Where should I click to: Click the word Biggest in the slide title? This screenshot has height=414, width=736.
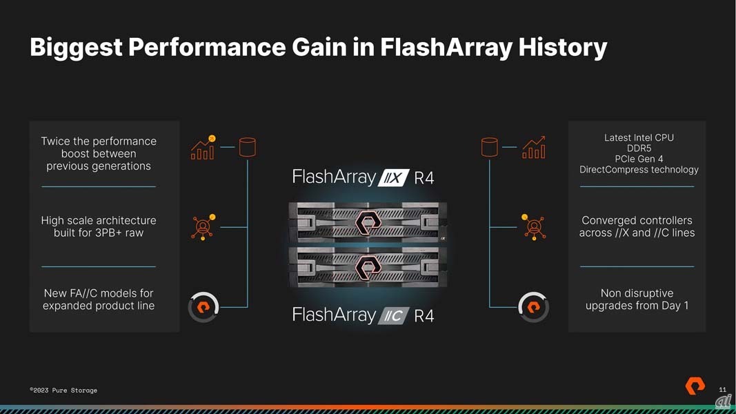[76, 48]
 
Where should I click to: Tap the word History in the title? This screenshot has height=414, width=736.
[563, 48]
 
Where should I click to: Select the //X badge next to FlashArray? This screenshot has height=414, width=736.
[393, 178]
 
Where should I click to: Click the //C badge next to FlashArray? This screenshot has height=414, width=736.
[393, 315]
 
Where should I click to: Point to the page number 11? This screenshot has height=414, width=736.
[722, 390]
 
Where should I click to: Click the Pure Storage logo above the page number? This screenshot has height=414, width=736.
[695, 386]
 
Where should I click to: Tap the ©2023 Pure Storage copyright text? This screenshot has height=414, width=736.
[63, 390]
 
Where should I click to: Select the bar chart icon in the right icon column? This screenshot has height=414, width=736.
[534, 148]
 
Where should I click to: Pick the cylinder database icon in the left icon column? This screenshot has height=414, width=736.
[248, 147]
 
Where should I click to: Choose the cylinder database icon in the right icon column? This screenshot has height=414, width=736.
[490, 147]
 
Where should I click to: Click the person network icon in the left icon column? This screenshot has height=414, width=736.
[203, 227]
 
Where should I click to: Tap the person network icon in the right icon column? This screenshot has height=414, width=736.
[534, 227]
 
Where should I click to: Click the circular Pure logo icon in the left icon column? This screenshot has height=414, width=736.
[203, 308]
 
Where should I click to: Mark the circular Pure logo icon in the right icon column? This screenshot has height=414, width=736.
[534, 308]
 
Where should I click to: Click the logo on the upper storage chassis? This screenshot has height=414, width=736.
[368, 222]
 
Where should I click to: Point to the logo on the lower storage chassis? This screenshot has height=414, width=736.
[368, 268]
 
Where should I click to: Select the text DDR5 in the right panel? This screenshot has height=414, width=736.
[639, 148]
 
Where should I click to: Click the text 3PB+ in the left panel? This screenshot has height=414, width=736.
[110, 233]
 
